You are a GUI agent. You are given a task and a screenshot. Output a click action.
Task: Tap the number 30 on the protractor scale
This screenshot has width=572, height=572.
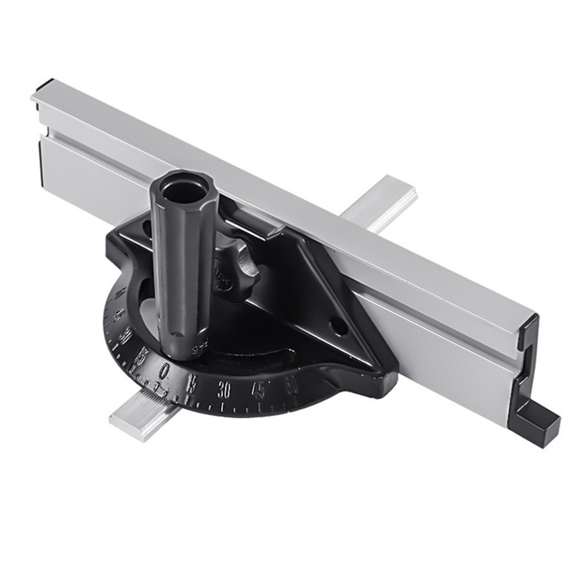225,390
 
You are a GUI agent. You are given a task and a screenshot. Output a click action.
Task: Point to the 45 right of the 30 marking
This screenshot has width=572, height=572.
258,390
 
